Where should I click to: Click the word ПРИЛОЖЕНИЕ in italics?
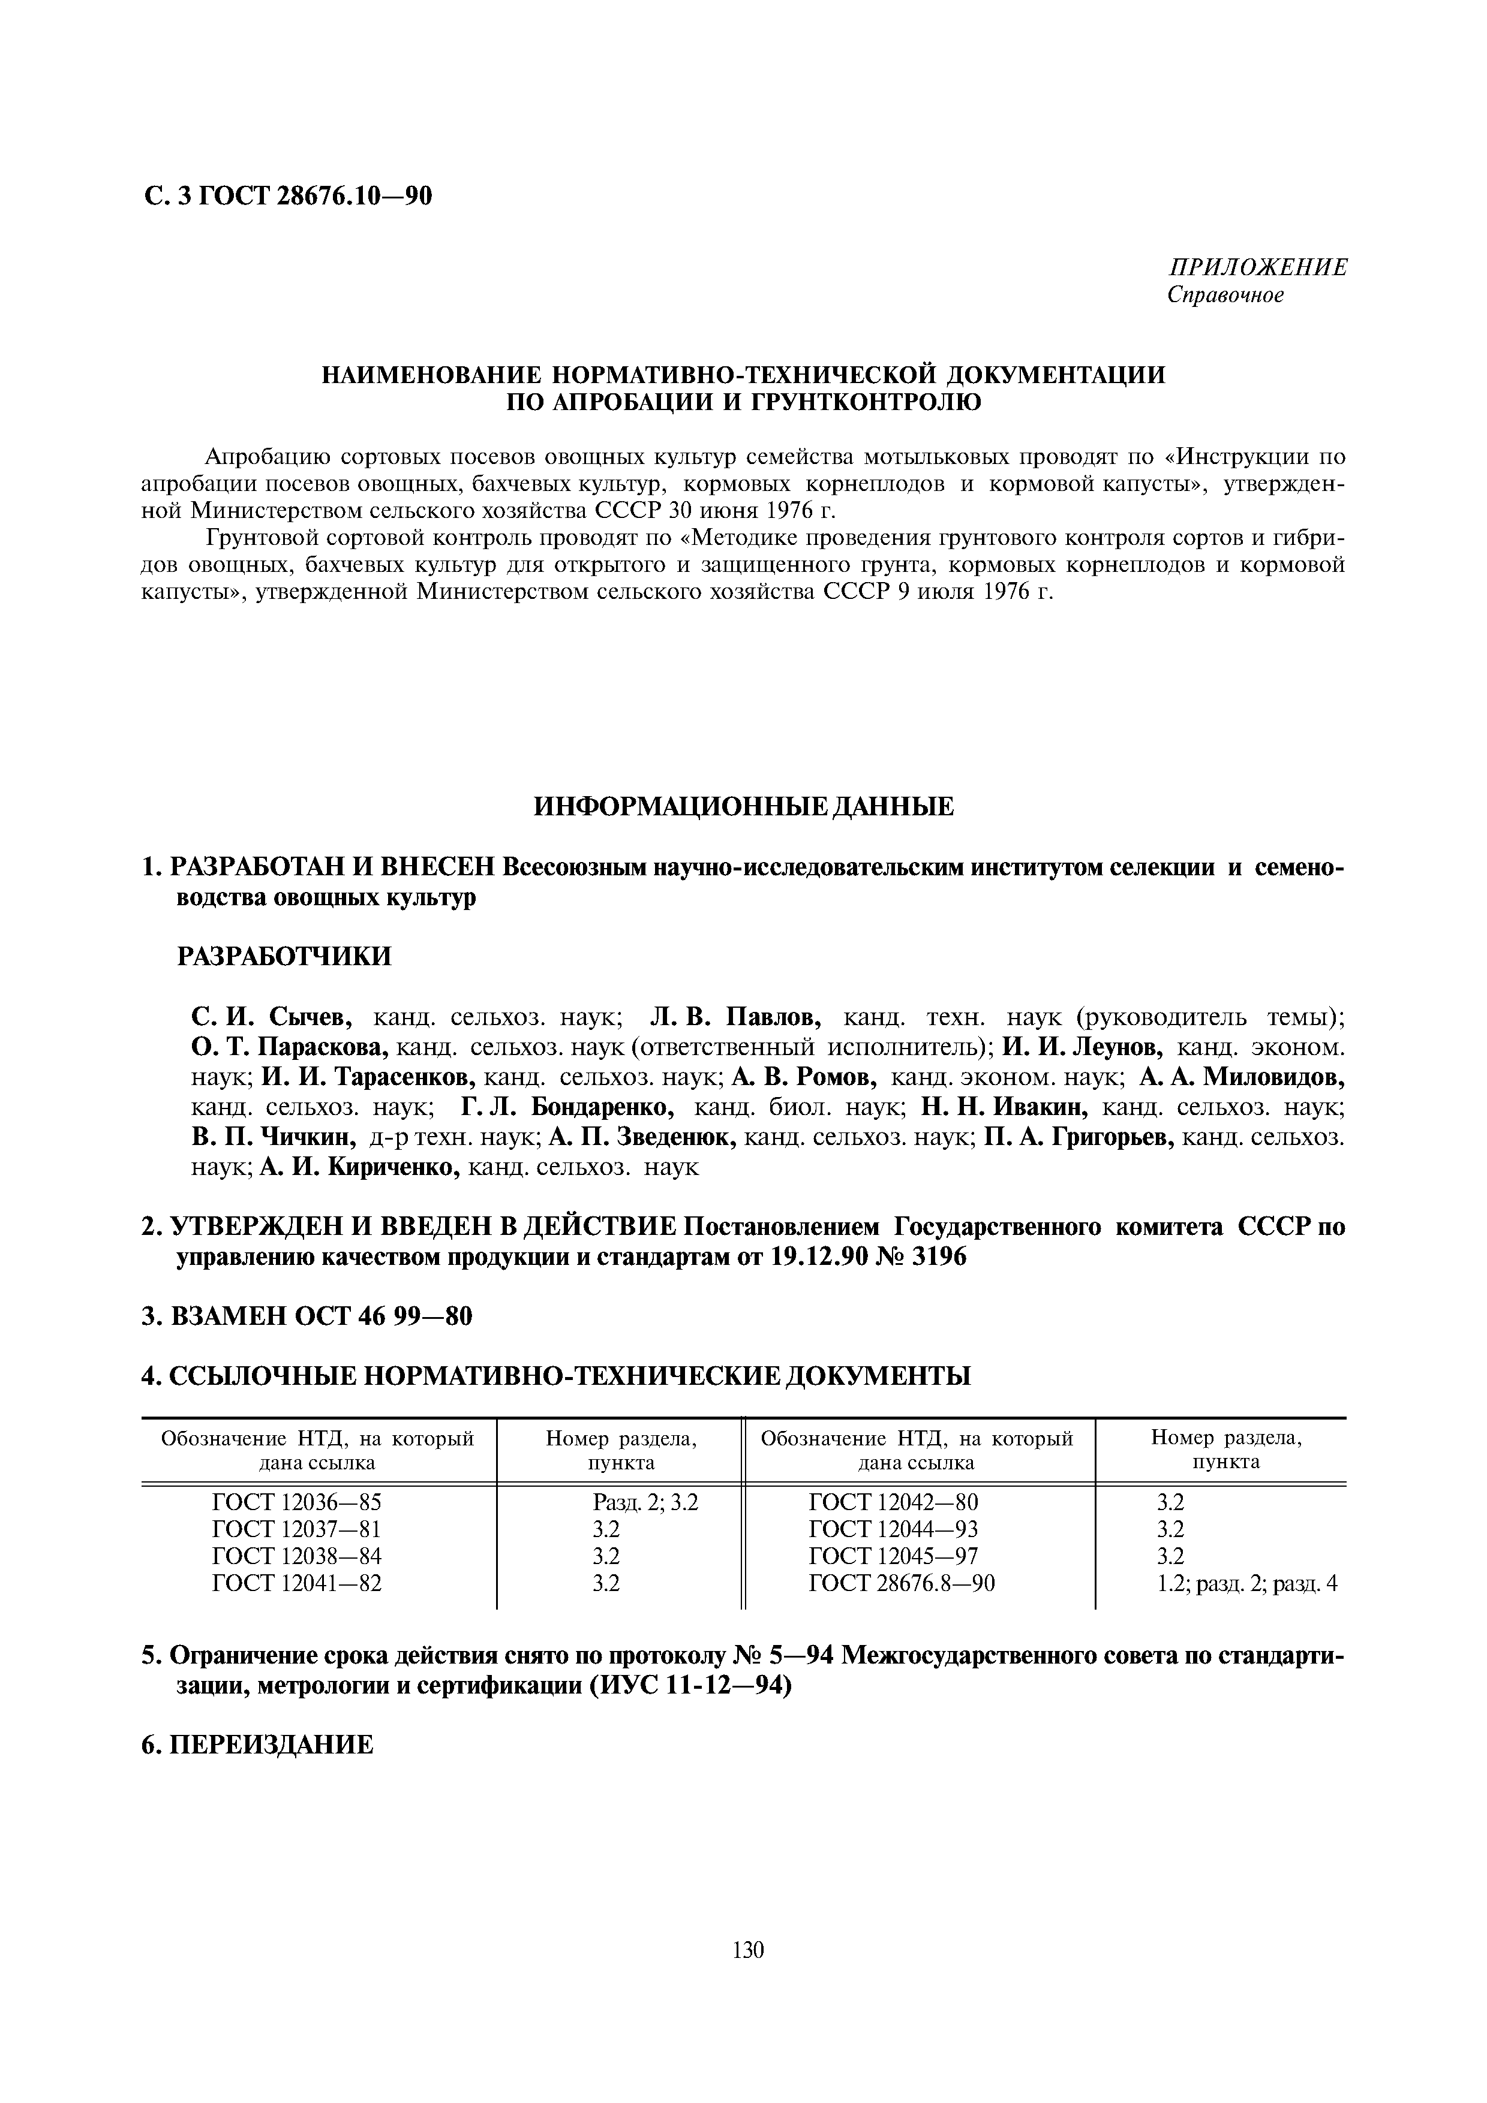point(1258,267)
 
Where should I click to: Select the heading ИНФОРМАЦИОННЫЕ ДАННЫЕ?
point(743,806)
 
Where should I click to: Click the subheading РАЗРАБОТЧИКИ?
point(284,956)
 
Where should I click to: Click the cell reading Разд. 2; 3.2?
point(646,1503)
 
